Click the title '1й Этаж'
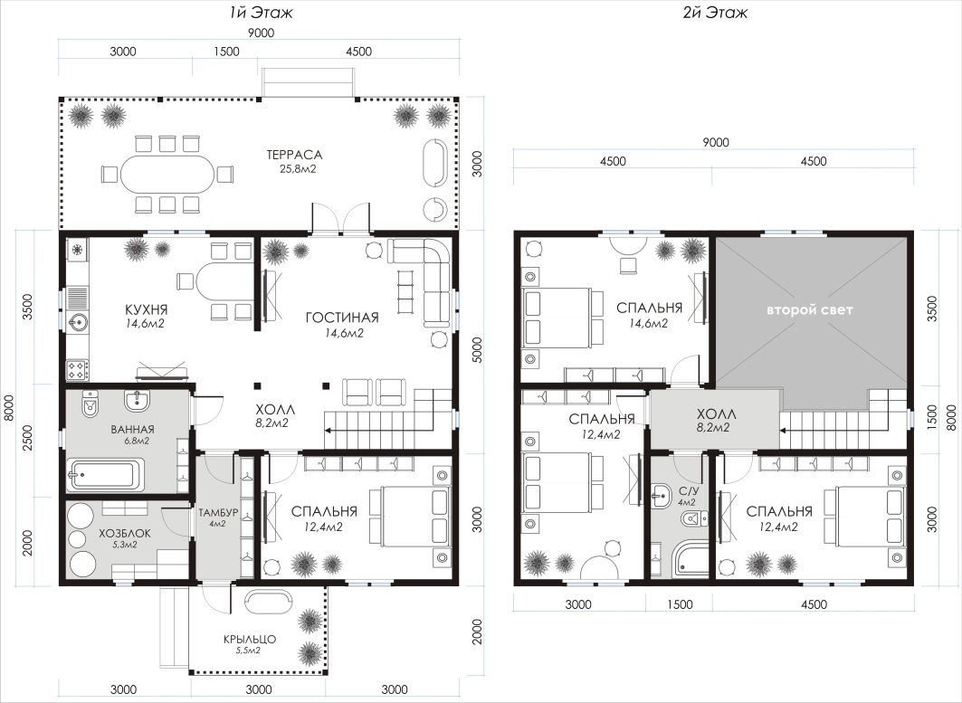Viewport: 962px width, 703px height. pos(257,13)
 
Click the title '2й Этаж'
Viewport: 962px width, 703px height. pos(715,13)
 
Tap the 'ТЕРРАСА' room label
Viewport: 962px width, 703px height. pos(294,156)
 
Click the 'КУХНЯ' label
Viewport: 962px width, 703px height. pos(146,309)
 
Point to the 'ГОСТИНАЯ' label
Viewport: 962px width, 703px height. pos(342,318)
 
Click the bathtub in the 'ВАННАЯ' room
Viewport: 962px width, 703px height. pos(107,473)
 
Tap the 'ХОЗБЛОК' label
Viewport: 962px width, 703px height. pos(125,534)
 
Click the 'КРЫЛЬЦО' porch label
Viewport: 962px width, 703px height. pos(249,639)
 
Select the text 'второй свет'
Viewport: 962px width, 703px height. pos(809,310)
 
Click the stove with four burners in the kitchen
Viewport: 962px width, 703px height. pos(78,369)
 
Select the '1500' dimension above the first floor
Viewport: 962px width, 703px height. pos(226,52)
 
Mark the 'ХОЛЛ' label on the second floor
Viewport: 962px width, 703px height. pos(716,414)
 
